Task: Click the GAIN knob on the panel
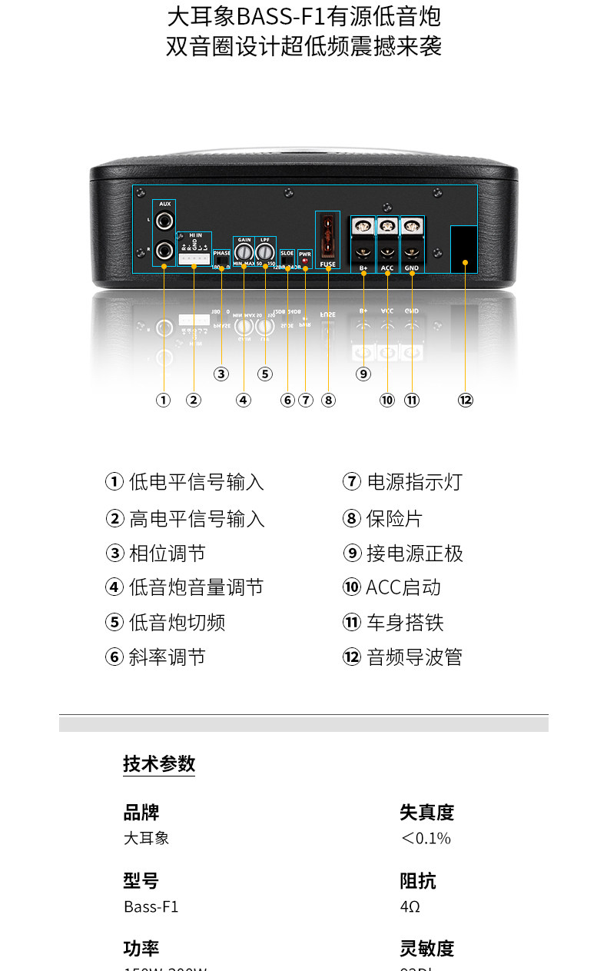pyautogui.click(x=244, y=252)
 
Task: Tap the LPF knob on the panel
pyautogui.click(x=265, y=252)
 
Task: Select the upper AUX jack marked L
pyautogui.click(x=164, y=221)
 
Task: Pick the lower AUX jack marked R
pyautogui.click(x=164, y=249)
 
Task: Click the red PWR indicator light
pyautogui.click(x=305, y=261)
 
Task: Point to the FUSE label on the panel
pyautogui.click(x=328, y=264)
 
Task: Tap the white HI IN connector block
pyautogui.click(x=194, y=258)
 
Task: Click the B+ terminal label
pyautogui.click(x=363, y=268)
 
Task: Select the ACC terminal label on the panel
pyautogui.click(x=387, y=268)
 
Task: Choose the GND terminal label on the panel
pyautogui.click(x=412, y=268)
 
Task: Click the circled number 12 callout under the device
pyautogui.click(x=466, y=400)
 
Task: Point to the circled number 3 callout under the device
pyautogui.click(x=221, y=374)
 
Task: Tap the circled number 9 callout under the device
pyautogui.click(x=363, y=374)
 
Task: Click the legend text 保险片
pyautogui.click(x=394, y=518)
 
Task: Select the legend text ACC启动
pyautogui.click(x=403, y=587)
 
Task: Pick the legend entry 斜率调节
pyautogui.click(x=167, y=657)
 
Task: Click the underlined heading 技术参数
pyautogui.click(x=159, y=763)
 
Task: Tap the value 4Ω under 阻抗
pyautogui.click(x=410, y=906)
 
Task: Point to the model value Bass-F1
pyautogui.click(x=151, y=906)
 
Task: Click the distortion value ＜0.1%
pyautogui.click(x=426, y=838)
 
